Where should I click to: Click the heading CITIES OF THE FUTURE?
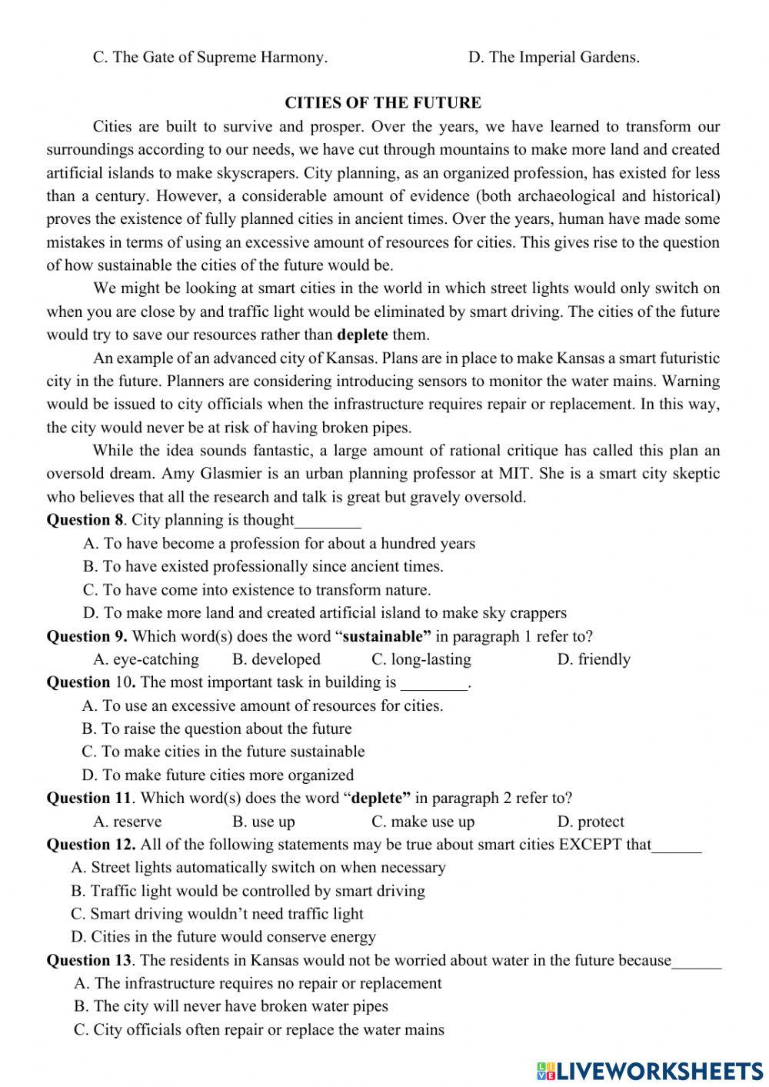[x=383, y=103]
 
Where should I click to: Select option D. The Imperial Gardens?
[x=553, y=57]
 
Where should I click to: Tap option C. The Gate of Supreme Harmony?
[x=210, y=57]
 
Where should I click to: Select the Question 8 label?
[x=85, y=520]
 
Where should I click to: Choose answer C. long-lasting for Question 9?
[x=421, y=659]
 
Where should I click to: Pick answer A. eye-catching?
[x=146, y=659]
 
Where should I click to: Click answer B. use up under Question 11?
[x=263, y=822]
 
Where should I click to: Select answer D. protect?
[x=590, y=822]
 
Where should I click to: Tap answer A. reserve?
[x=128, y=822]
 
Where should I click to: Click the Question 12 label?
[x=92, y=845]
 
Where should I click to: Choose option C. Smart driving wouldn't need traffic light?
[x=217, y=914]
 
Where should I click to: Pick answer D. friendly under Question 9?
[x=593, y=659]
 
